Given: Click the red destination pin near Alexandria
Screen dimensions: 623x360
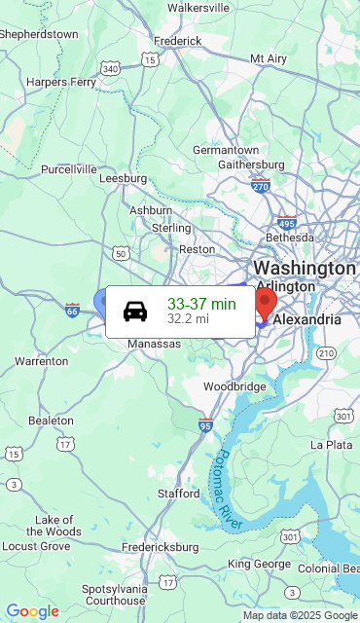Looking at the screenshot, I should [266, 301].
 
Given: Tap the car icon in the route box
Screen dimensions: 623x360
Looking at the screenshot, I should [135, 311].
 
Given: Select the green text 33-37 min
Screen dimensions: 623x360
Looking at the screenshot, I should [201, 304].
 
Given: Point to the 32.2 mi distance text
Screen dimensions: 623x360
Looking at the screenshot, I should [188, 318].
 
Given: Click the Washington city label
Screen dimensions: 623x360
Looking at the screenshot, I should [304, 268].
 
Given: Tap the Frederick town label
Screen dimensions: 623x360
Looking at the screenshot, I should [177, 41].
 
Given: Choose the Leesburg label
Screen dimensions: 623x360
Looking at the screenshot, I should [123, 178].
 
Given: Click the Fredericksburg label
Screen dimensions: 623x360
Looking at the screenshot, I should [161, 547].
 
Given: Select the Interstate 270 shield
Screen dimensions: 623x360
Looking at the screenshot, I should [260, 184].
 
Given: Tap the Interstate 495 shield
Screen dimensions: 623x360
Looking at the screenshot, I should [286, 223].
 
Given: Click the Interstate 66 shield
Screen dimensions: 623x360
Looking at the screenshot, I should [73, 310].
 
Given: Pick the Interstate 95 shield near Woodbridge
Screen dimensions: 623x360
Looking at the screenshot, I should [205, 424].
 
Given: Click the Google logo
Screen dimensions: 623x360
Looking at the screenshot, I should [32, 611].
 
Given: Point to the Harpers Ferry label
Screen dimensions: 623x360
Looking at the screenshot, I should [59, 82].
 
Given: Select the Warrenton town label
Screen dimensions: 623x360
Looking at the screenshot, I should [41, 361].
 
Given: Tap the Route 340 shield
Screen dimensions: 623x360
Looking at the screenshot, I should [111, 68].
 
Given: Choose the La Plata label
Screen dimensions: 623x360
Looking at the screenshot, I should [331, 444].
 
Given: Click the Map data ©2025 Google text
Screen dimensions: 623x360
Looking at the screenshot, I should [300, 615].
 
